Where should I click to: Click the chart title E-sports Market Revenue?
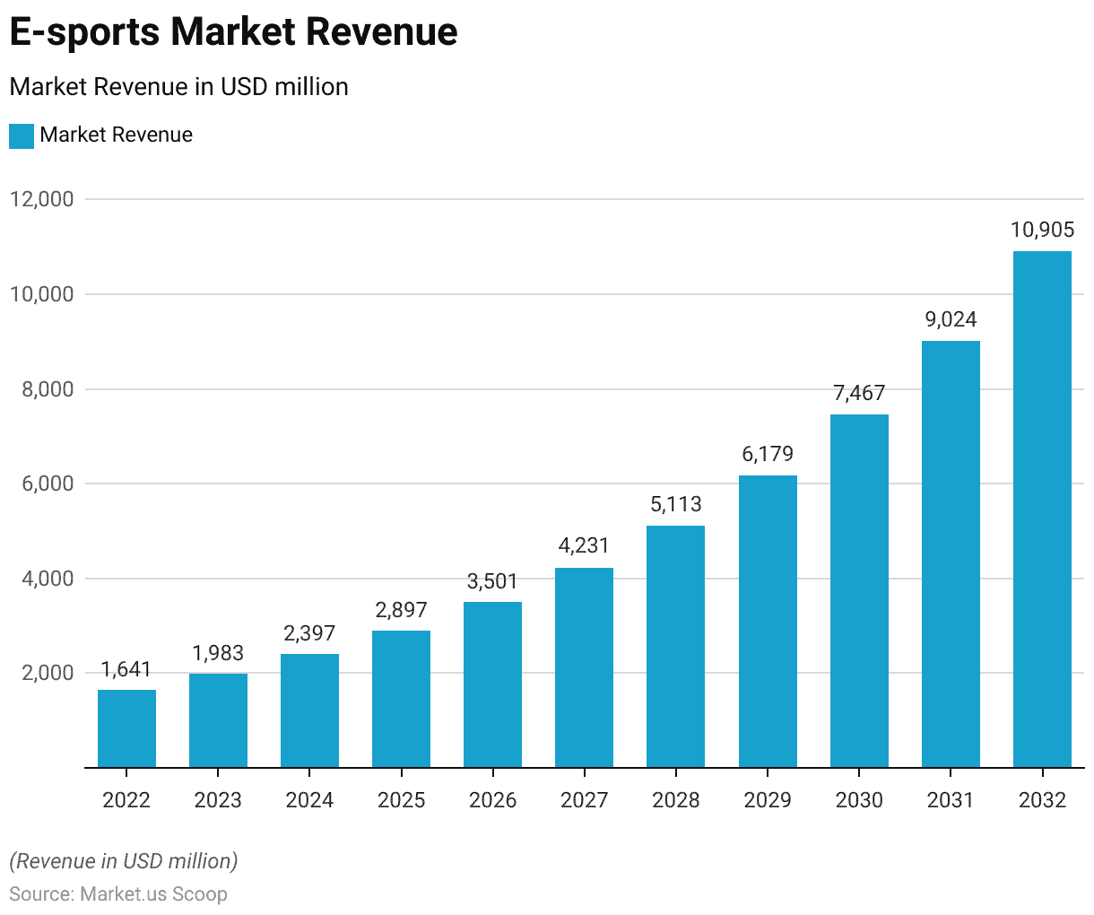(233, 32)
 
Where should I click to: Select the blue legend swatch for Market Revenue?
(22, 135)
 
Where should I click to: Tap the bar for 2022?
(126, 728)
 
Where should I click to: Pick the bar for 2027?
(584, 667)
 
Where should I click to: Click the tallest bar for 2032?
(1042, 510)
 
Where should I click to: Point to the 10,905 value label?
(1042, 230)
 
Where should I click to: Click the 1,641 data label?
(126, 669)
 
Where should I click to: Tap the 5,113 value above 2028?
(676, 504)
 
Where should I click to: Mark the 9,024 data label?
(951, 319)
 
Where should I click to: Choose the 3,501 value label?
(492, 581)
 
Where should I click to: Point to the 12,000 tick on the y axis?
(41, 199)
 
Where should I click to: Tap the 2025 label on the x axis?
(401, 799)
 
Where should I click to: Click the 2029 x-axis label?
(768, 799)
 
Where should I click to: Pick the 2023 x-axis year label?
(218, 799)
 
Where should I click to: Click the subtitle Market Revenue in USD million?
(178, 87)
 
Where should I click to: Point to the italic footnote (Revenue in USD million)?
(124, 861)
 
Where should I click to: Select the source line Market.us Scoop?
(118, 894)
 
